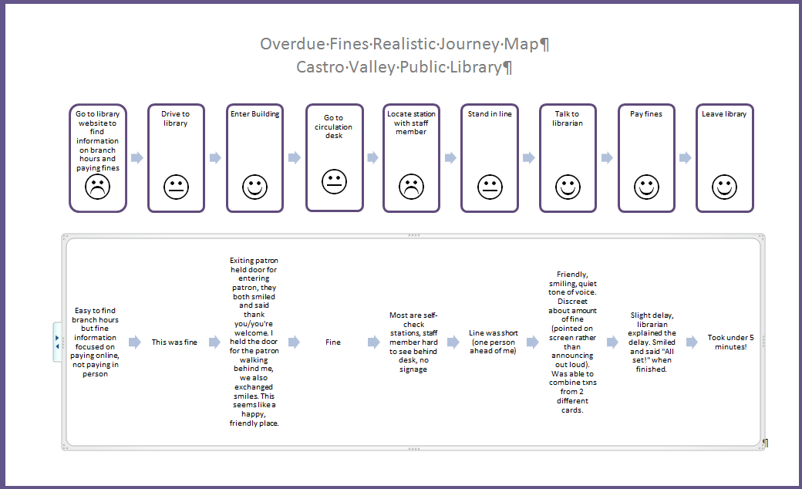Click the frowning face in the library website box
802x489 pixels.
coord(97,186)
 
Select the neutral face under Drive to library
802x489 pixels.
coord(176,186)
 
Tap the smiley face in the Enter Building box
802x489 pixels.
coord(254,186)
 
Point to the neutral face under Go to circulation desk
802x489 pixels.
coord(334,181)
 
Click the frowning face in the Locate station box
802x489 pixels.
coord(412,186)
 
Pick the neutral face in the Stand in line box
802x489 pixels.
coord(490,186)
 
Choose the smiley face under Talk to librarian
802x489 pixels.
coord(568,186)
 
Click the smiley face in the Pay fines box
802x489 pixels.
coord(646,186)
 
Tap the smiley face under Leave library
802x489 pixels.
coord(724,186)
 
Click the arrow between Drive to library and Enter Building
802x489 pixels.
coord(215,157)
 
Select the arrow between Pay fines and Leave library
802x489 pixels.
coord(685,157)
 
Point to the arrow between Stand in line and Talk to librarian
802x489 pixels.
coord(528,157)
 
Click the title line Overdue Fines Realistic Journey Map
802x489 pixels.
coord(404,44)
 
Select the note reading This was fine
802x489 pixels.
coord(175,342)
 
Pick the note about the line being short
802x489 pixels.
coord(493,342)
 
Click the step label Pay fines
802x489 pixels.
coord(646,114)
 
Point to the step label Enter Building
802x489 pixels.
coord(254,114)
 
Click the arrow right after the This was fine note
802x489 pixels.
coord(214,342)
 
